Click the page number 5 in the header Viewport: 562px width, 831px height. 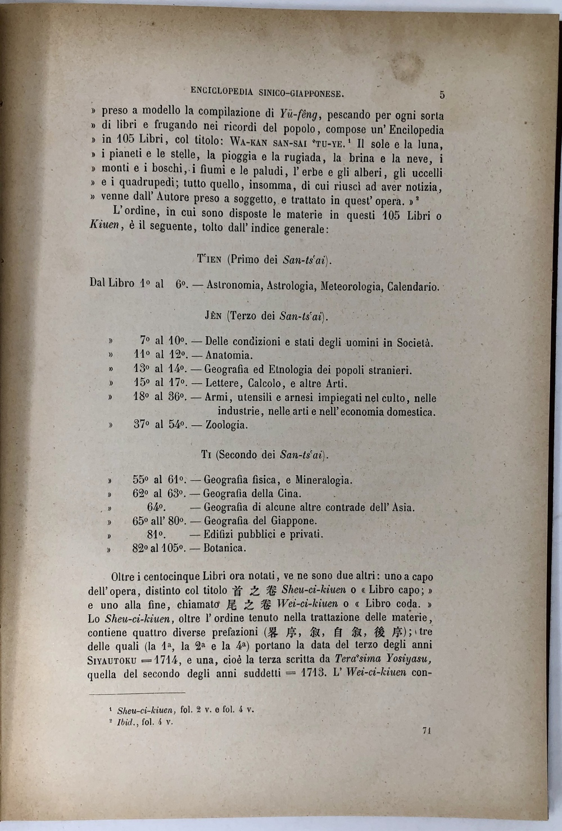click(442, 95)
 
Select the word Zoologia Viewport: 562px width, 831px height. click(226, 425)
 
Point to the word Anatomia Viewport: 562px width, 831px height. click(229, 355)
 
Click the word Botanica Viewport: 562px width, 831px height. click(225, 548)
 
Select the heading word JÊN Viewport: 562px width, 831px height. click(213, 316)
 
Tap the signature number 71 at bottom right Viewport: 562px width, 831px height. click(426, 730)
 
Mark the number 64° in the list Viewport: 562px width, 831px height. click(156, 507)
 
